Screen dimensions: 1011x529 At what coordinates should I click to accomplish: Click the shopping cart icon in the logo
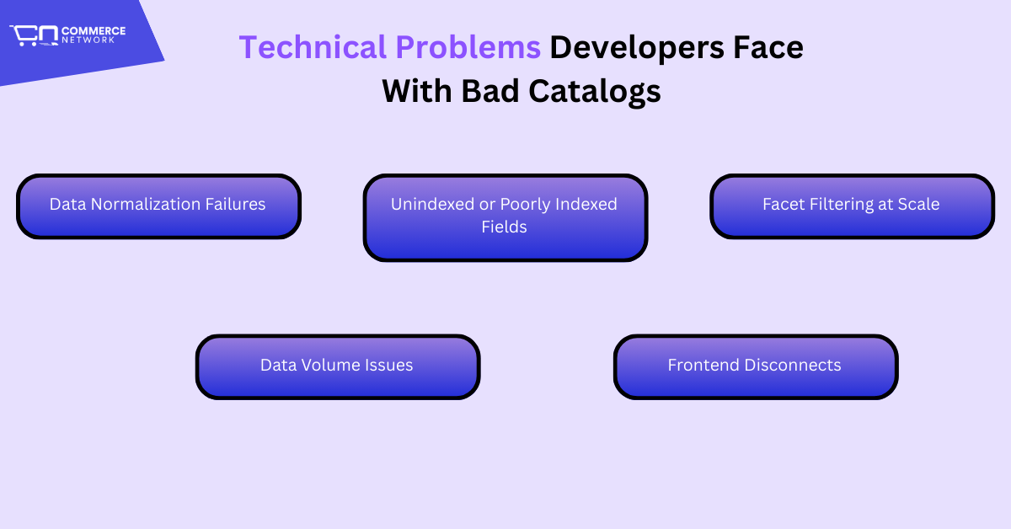(x=34, y=35)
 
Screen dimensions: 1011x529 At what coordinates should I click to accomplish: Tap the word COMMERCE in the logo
(x=94, y=31)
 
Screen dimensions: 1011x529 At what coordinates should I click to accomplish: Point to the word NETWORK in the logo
(x=88, y=40)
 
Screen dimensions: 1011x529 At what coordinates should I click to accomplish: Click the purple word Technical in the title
(x=313, y=47)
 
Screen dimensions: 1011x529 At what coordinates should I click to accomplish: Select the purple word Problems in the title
(x=468, y=47)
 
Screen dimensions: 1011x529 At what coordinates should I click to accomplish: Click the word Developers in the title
(x=637, y=48)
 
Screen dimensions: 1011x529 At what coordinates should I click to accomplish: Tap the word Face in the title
(x=768, y=47)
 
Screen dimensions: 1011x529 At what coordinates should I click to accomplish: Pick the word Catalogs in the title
(x=595, y=92)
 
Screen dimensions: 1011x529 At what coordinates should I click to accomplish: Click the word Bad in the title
(x=489, y=91)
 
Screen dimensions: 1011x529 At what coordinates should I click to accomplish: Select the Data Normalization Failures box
(x=159, y=206)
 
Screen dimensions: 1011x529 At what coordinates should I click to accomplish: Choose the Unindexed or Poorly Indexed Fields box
(x=505, y=217)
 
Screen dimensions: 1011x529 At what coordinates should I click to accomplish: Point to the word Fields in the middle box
(x=504, y=227)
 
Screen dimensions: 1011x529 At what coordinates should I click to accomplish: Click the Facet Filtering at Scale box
(x=852, y=206)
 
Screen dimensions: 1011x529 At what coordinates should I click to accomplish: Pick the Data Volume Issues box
(x=338, y=367)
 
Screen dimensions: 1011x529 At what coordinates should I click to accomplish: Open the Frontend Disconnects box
(x=756, y=367)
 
